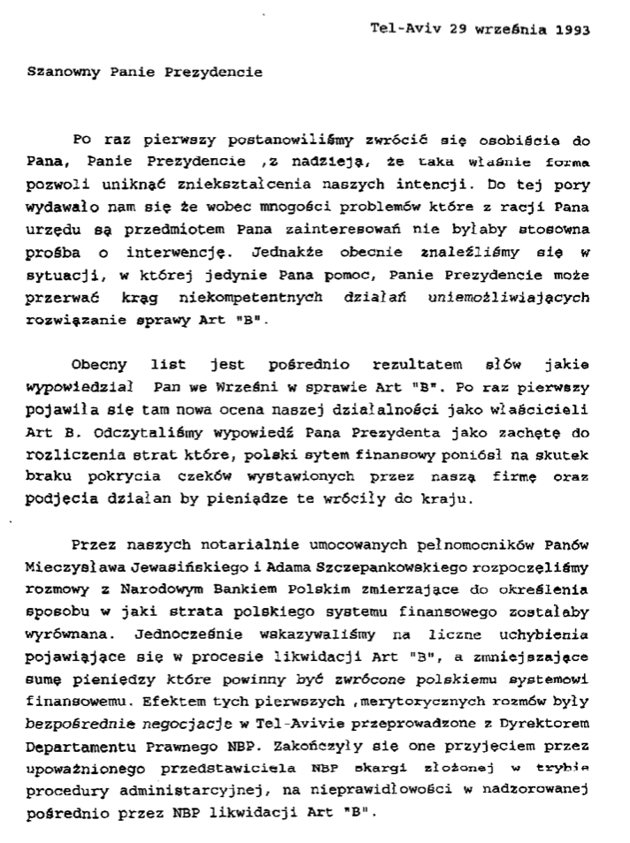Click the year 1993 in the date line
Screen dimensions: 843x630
click(x=573, y=27)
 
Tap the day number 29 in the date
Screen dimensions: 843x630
click(x=457, y=27)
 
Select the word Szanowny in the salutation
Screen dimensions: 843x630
click(x=59, y=72)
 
